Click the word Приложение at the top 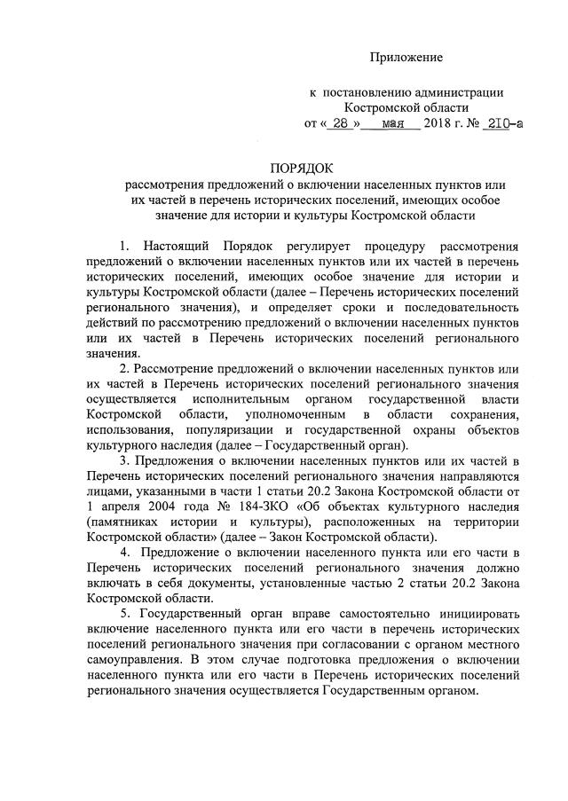(x=406, y=58)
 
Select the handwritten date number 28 (x=338, y=124)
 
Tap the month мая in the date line (x=393, y=124)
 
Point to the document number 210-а (x=502, y=124)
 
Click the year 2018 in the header (x=438, y=124)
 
